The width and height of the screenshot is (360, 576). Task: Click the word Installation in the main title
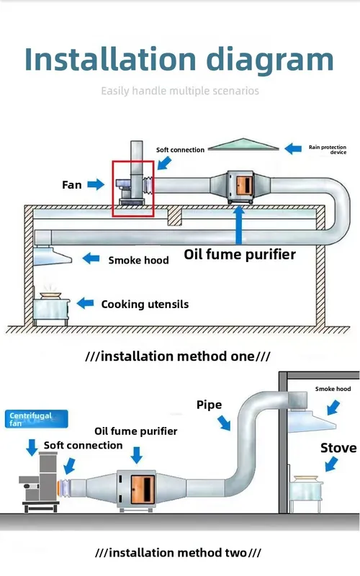coord(110,59)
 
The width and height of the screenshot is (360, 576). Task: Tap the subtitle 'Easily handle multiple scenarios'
coord(180,91)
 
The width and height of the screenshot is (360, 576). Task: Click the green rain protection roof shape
coord(243,145)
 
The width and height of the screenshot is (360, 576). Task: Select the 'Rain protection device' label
coord(328,150)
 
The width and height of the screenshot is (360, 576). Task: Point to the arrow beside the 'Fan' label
coord(96,184)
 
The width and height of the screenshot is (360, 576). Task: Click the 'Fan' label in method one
coord(71,184)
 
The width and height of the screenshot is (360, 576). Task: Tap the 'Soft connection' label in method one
coord(180,150)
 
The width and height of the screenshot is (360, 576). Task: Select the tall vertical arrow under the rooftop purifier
coord(239,225)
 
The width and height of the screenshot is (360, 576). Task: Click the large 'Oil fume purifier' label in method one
coord(240,254)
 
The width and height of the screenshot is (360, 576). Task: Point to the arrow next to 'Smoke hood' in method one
coord(91,258)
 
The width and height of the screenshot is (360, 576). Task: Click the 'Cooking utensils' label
coord(145,304)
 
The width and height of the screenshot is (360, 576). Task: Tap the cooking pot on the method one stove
coord(50,295)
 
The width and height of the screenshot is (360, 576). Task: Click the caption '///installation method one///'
coord(178,356)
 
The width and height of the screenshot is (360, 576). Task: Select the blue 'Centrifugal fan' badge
coord(37,419)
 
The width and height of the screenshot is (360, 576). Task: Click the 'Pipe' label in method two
coord(209,405)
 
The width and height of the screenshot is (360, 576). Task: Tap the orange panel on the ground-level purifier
coord(143,489)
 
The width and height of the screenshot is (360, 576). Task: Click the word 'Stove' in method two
coord(338,448)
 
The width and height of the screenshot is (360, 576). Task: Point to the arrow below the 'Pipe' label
coord(224,423)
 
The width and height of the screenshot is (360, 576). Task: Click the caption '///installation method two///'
coord(178,552)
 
